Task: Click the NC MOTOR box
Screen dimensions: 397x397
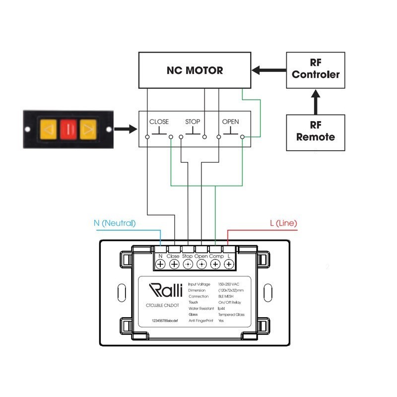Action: pos(195,70)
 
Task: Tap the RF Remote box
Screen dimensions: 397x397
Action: pos(316,132)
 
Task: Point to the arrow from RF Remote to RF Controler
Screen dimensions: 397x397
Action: pos(316,101)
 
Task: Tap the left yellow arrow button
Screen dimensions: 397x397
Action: pos(49,130)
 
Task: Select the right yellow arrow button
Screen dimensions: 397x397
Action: pos(87,130)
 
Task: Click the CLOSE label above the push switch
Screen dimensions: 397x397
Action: pos(159,122)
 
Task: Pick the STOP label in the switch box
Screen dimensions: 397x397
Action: pos(193,122)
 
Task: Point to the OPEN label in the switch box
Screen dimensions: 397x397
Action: pos(230,122)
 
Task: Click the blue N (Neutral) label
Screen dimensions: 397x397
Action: pos(115,223)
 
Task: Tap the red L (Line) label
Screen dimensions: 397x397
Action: pos(283,223)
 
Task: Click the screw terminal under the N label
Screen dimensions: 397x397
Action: pos(160,265)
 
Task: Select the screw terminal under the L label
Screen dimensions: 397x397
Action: pos(229,265)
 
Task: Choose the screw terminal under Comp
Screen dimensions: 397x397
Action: pos(215,265)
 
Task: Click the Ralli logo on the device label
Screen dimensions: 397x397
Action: pos(166,289)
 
